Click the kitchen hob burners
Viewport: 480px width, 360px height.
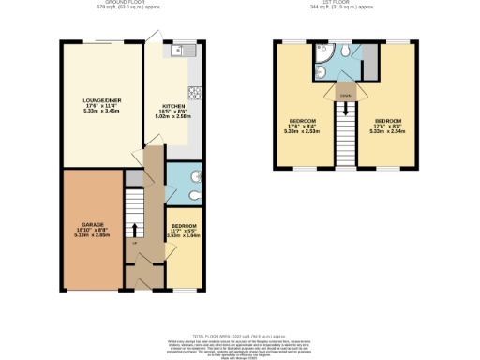[x=196, y=92]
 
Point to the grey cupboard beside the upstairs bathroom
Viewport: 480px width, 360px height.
[x=369, y=60]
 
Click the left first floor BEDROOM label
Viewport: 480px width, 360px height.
[x=303, y=126]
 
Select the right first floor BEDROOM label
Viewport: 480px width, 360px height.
[x=389, y=126]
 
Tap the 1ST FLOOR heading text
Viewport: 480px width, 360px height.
[x=346, y=4]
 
